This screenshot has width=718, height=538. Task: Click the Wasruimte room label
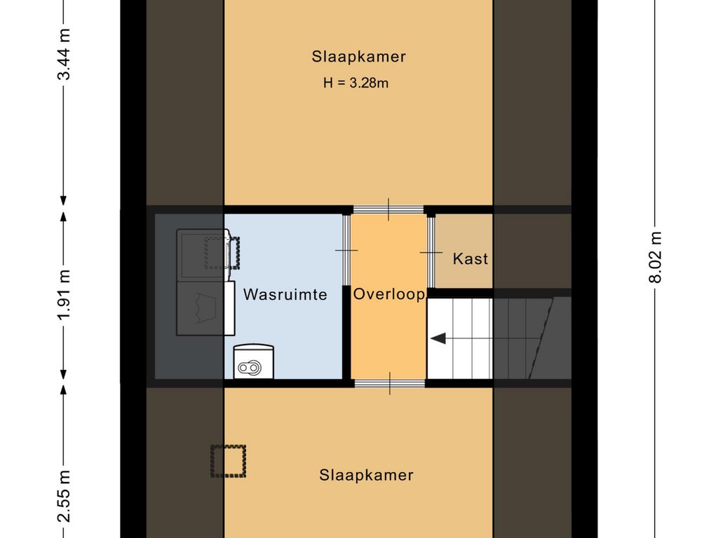tap(285, 295)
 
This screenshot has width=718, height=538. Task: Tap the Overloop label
tap(388, 294)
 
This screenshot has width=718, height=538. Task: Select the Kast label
tap(470, 258)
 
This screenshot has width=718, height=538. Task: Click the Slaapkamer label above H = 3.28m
tap(358, 57)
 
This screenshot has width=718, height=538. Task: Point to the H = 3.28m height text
tap(355, 83)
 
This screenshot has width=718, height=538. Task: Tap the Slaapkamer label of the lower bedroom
tap(366, 475)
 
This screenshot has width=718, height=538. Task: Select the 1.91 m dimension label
tap(64, 294)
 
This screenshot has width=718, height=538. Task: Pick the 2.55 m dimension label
tap(64, 495)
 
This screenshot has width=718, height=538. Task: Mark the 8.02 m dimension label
tap(655, 257)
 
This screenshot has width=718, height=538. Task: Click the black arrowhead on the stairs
tap(438, 339)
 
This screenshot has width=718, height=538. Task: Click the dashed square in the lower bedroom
tap(229, 461)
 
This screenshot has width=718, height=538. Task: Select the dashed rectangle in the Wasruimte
tap(222, 252)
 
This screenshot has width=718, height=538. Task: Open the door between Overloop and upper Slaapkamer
tap(388, 209)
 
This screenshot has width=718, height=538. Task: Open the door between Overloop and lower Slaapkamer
tap(388, 383)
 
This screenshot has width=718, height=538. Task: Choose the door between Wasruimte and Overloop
tap(346, 250)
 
